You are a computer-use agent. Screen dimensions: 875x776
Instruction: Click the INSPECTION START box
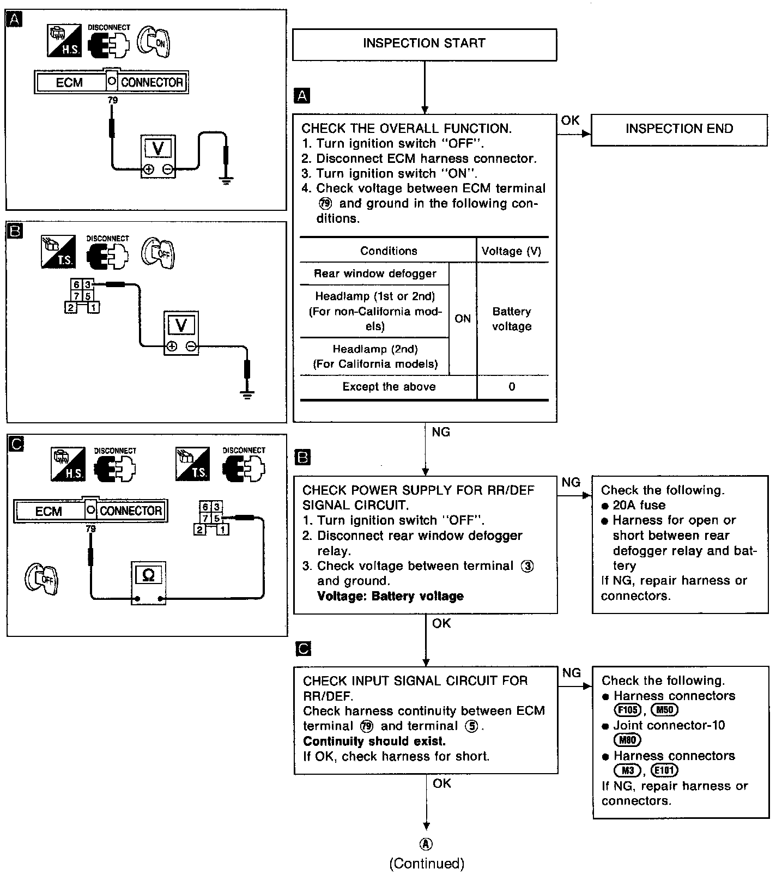point(425,44)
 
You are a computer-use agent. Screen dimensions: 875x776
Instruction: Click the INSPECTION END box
point(679,129)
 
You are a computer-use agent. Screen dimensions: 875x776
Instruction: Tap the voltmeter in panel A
point(158,155)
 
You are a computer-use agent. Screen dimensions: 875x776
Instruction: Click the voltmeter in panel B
point(181,333)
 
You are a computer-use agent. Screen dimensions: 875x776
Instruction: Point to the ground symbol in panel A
point(226,180)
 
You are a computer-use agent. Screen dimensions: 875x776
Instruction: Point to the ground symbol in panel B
point(247,395)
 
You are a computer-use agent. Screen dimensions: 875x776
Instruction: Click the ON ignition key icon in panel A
point(155,41)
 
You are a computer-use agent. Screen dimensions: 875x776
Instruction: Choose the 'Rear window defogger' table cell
point(375,274)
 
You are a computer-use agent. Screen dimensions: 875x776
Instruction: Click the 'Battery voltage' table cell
point(512,319)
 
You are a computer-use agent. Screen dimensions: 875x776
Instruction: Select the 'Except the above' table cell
point(389,387)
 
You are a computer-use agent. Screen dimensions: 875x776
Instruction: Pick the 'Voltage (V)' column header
point(511,251)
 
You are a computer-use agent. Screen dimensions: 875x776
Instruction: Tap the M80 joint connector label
point(627,740)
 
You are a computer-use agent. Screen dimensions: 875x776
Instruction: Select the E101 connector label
point(664,770)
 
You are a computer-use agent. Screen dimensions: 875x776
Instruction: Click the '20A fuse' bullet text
point(639,505)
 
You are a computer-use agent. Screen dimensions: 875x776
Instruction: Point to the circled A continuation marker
point(426,844)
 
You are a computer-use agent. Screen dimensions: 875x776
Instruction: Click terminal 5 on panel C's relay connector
point(216,518)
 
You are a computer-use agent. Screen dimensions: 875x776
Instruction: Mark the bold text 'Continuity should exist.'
point(374,741)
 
